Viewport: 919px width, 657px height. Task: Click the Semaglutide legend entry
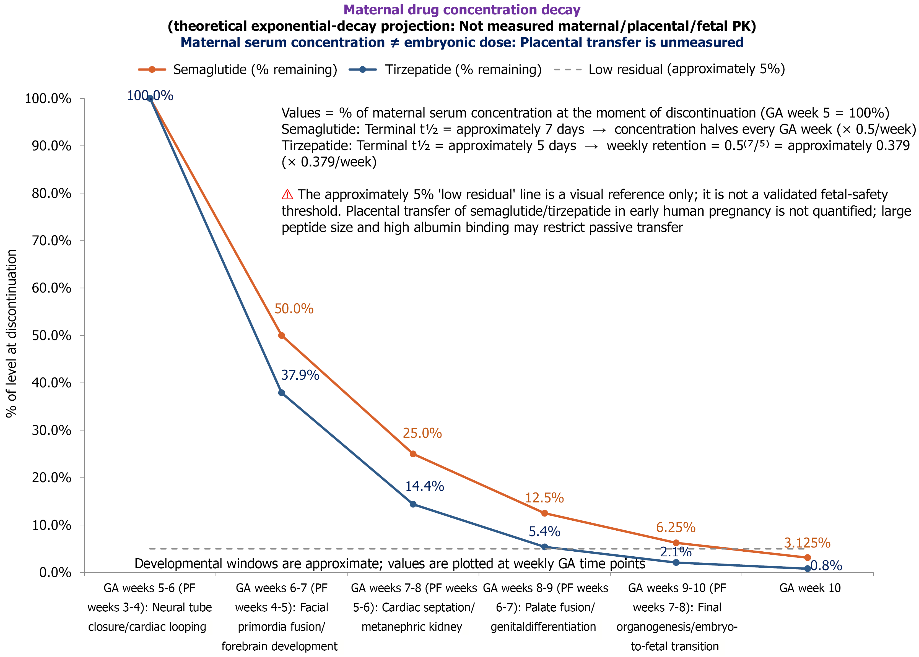(238, 70)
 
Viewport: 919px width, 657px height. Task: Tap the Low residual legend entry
(669, 70)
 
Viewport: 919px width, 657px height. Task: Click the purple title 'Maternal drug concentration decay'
(462, 10)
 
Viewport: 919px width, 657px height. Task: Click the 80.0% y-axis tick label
(51, 193)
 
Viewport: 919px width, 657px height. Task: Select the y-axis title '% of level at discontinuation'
(11, 333)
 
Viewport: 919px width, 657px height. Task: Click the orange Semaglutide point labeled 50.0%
(282, 335)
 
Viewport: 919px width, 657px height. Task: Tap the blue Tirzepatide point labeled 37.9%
(282, 393)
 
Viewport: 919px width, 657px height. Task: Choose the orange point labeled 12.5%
(545, 513)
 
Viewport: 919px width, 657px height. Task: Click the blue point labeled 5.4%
(545, 547)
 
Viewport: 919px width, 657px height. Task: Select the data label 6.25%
(676, 528)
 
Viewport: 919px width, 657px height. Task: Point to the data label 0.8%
(826, 565)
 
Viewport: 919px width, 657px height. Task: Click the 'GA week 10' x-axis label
(810, 588)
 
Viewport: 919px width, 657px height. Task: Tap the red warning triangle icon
(287, 195)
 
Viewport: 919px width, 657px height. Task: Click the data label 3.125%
(807, 543)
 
